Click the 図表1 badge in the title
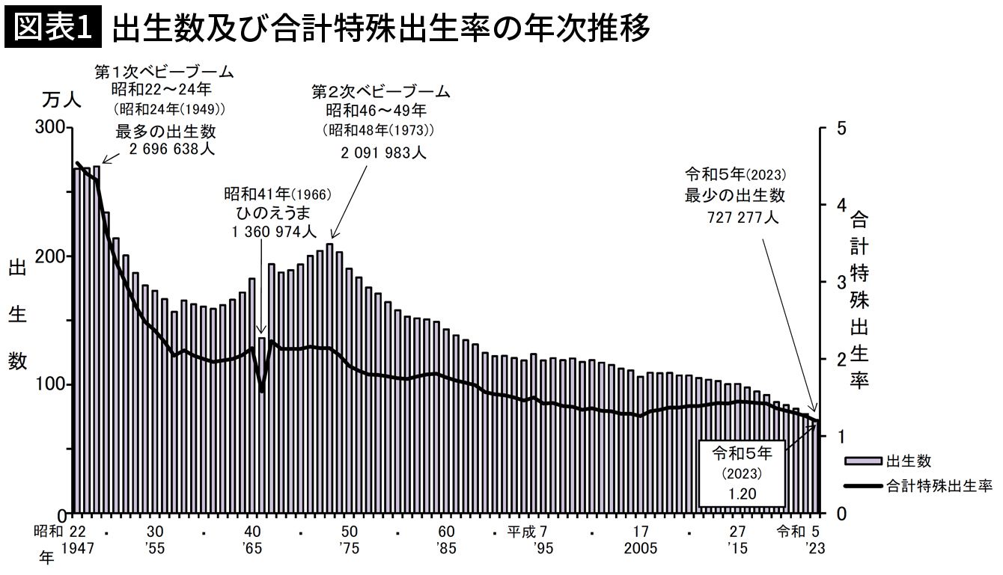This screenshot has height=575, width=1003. click(x=52, y=28)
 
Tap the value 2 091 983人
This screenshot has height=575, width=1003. click(x=383, y=153)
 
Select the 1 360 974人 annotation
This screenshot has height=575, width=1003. click(x=275, y=232)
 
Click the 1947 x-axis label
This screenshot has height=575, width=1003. click(x=78, y=549)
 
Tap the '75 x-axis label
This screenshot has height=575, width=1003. click(x=349, y=549)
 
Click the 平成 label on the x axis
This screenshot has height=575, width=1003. click(x=521, y=532)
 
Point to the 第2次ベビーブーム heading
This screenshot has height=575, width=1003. click(x=381, y=92)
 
